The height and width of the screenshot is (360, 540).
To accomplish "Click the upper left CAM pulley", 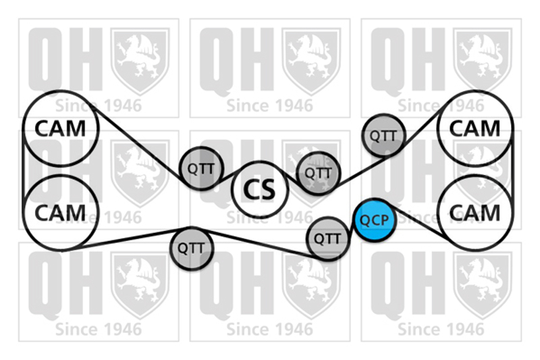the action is (61, 128).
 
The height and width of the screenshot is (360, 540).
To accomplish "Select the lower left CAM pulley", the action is (61, 212).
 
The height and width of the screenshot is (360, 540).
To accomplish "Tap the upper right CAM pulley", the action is (475, 128).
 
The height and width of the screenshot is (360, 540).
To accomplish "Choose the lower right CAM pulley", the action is (475, 212).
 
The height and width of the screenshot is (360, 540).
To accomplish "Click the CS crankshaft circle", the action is (260, 190).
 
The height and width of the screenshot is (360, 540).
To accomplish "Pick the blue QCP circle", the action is (375, 220).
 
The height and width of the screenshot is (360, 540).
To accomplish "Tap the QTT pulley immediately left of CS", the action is (201, 168).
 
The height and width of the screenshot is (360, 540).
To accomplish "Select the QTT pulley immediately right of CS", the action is (319, 173).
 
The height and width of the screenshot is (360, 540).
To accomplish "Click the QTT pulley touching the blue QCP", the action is (328, 238).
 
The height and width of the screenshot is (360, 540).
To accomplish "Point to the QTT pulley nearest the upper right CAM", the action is (383, 136).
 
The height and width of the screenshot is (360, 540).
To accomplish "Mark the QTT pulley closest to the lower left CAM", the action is (192, 248).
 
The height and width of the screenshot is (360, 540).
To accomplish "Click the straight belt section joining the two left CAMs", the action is (24, 170).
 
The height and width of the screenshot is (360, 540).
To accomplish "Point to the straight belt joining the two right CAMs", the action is (513, 170).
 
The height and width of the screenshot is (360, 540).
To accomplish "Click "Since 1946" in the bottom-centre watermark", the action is (270, 330).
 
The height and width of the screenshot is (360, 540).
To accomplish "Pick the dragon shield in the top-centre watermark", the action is (311, 61).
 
